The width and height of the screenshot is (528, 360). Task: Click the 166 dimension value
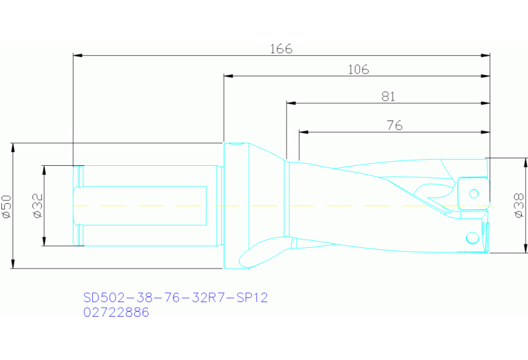[x=281, y=49]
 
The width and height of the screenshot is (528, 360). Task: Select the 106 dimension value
[x=358, y=70]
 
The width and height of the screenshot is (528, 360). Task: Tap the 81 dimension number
[x=388, y=97]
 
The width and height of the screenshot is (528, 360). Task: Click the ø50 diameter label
[x=7, y=206]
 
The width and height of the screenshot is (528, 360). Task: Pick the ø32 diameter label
[x=37, y=205]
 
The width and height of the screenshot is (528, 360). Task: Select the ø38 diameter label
[x=520, y=205]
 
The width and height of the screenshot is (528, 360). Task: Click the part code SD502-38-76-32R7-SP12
[x=175, y=297]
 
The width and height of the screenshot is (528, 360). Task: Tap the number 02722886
[x=116, y=312]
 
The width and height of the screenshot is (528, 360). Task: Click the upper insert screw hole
[x=473, y=191]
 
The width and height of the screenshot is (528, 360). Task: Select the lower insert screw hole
[x=472, y=237]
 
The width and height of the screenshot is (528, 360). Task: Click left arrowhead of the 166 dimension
[x=77, y=54]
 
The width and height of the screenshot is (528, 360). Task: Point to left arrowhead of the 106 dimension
[x=228, y=75]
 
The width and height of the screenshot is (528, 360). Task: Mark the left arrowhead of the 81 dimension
[x=291, y=103]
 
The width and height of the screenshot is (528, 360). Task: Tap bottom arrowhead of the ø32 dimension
[x=43, y=242]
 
